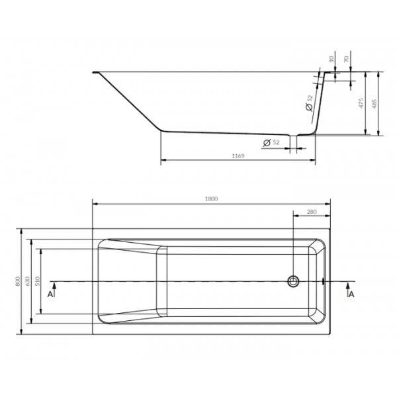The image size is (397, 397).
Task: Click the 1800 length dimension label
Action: pos(211,198)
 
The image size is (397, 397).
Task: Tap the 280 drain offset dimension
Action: pos(312,212)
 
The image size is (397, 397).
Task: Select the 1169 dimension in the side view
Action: pos(238,155)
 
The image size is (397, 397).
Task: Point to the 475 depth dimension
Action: pos(361,103)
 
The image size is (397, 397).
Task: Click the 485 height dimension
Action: pos(375,104)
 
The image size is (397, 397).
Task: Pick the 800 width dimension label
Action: pos(17,281)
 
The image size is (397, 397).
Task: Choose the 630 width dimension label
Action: pos(28,281)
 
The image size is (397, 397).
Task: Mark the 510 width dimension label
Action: pos(37,281)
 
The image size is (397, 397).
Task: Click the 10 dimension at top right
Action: pos(331,59)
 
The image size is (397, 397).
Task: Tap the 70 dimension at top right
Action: pos(346,59)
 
